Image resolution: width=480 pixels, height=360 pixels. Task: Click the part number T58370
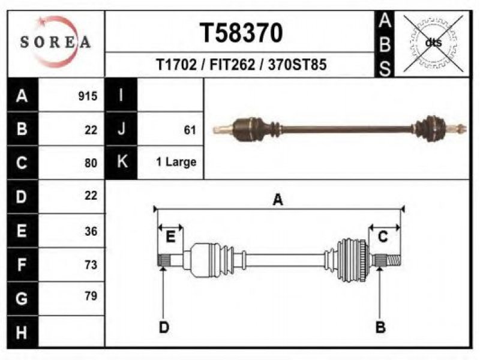point(241,33)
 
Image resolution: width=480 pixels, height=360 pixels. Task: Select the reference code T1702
point(176,65)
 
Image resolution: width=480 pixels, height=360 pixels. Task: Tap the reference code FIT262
point(232,65)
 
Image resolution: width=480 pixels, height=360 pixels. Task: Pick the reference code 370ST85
point(297,65)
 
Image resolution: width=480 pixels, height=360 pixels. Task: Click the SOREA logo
point(55,41)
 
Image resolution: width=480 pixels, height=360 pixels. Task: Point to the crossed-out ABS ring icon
point(433,43)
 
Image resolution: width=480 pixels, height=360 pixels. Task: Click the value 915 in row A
point(88,96)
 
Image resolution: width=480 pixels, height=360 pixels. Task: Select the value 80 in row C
point(91,163)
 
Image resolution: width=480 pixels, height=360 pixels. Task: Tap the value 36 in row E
point(91,231)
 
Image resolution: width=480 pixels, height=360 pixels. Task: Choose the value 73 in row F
point(91,265)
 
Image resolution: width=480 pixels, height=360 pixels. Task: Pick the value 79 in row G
point(91,296)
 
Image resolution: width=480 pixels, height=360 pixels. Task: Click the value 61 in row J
point(190,130)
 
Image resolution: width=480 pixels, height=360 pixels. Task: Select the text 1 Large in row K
point(176,161)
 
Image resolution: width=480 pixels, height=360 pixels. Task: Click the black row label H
point(22,332)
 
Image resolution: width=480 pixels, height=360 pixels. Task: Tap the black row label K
point(122,161)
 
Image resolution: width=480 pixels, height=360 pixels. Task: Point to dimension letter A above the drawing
point(278,200)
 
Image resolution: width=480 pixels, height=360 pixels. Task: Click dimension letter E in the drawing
point(170,236)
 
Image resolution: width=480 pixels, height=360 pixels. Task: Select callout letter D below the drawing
point(164,327)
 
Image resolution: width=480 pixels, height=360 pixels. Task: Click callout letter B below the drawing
point(380,327)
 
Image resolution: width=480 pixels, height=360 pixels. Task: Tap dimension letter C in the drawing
point(383,236)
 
